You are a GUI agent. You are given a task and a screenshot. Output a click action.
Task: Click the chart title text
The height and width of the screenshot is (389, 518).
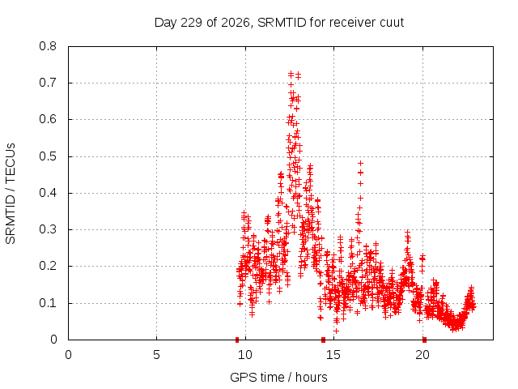point(279,23)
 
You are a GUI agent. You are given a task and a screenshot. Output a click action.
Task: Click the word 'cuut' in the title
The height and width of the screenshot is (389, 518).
point(392,23)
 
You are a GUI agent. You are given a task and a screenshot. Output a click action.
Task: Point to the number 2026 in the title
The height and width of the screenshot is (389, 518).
point(236,23)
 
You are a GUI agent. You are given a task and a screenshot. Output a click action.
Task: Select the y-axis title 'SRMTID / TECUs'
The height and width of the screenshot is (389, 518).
point(11,194)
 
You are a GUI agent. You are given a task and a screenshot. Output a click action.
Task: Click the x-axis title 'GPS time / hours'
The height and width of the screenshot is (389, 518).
point(278,377)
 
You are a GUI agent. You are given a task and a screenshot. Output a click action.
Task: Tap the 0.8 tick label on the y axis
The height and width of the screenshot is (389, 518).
point(48,46)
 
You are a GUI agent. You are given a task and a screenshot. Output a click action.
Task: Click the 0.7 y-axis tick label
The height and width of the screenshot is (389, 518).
point(48,83)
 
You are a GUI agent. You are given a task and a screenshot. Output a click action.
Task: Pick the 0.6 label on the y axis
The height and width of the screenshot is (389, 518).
point(48,119)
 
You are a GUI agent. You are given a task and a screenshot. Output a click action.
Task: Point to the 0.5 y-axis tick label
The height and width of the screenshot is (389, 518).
point(48,156)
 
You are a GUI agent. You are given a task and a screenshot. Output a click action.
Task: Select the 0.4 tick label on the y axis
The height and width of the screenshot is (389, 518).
point(48,193)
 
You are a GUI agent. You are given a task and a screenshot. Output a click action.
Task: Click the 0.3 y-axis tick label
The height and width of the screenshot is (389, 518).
point(48,229)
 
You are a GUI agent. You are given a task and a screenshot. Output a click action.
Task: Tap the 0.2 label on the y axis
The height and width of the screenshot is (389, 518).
point(48,266)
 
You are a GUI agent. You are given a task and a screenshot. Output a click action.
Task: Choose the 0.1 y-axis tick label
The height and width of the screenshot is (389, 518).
point(48,303)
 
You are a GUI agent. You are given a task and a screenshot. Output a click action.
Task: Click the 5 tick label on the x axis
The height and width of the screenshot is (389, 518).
point(156,355)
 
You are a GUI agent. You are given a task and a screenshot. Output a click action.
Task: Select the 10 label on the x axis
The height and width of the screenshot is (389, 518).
point(245,355)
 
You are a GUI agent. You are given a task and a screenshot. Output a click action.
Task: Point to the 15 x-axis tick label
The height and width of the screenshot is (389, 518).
point(333,355)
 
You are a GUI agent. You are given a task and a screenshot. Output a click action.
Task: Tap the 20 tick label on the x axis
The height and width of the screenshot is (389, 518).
point(422,355)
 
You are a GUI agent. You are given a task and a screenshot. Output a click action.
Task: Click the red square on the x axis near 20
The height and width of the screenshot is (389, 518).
point(424,340)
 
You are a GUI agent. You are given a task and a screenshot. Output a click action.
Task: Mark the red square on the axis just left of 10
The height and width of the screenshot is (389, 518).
point(237,340)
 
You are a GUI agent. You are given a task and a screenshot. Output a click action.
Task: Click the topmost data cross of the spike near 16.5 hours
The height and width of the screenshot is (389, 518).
point(360,163)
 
